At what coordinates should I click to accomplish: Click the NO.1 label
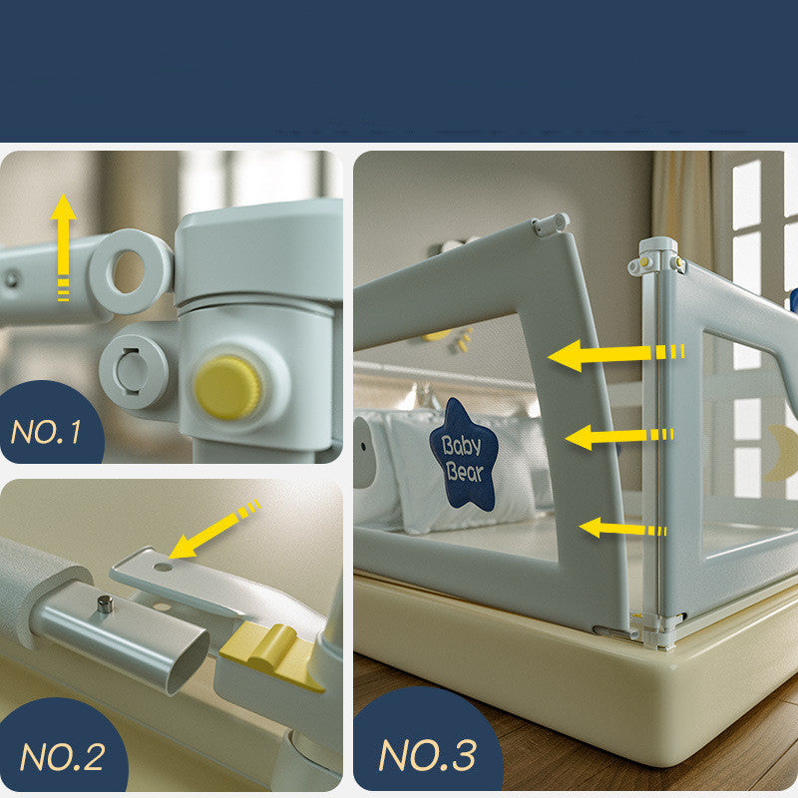click(46, 432)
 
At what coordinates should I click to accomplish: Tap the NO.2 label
click(62, 757)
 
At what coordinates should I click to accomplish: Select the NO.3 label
click(428, 755)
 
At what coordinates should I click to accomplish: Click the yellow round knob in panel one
click(227, 387)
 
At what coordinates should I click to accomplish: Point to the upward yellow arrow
click(63, 247)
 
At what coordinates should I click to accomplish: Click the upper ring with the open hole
click(131, 270)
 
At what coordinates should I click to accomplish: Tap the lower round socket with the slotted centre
click(134, 371)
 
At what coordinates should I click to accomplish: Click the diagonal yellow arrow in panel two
click(214, 530)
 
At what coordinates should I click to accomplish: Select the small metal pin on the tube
click(106, 604)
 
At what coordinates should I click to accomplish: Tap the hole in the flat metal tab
click(163, 567)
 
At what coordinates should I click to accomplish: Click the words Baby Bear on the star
click(463, 459)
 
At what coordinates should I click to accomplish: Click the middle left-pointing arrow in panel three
click(619, 437)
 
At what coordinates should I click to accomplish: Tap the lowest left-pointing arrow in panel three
click(622, 529)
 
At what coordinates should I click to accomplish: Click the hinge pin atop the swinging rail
click(550, 224)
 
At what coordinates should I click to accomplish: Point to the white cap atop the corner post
click(657, 258)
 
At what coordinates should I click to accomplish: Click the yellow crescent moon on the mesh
click(781, 454)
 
